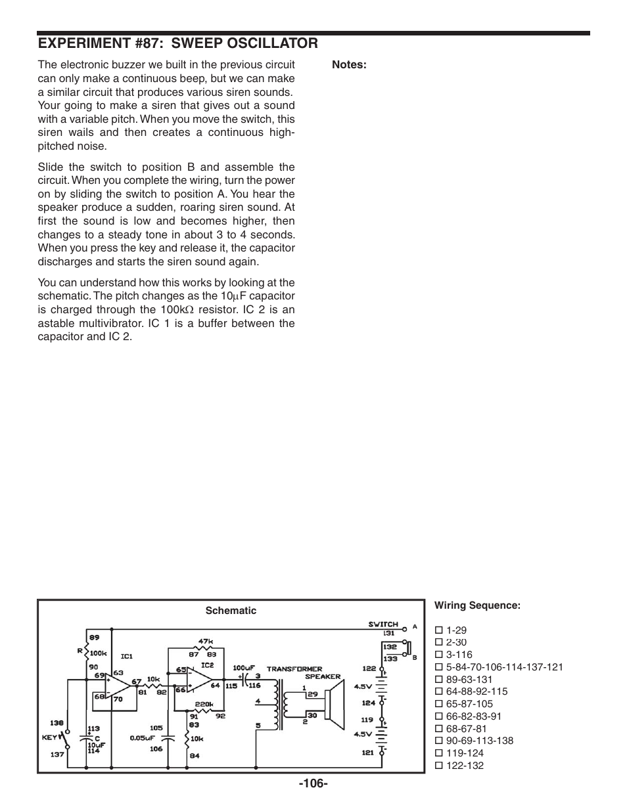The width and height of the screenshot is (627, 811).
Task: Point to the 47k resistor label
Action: click(206, 642)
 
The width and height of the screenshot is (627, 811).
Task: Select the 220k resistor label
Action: click(204, 703)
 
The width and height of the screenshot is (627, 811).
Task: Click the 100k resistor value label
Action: click(99, 653)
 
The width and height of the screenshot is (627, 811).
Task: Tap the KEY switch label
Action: click(50, 737)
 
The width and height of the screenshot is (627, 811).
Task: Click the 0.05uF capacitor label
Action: click(141, 737)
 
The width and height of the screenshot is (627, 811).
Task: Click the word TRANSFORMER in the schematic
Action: click(294, 669)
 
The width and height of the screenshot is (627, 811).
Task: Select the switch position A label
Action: click(415, 626)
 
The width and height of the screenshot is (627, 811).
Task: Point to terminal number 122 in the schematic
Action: click(369, 669)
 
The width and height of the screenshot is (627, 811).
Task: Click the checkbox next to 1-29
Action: click(439, 630)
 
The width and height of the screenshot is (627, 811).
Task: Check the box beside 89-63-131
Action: click(439, 680)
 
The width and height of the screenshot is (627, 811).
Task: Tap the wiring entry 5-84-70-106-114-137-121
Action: click(504, 667)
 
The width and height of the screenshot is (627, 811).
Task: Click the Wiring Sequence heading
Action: click(477, 605)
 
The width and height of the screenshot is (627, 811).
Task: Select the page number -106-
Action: click(313, 783)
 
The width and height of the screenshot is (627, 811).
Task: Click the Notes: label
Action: click(348, 64)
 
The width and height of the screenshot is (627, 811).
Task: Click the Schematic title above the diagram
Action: click(231, 611)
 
